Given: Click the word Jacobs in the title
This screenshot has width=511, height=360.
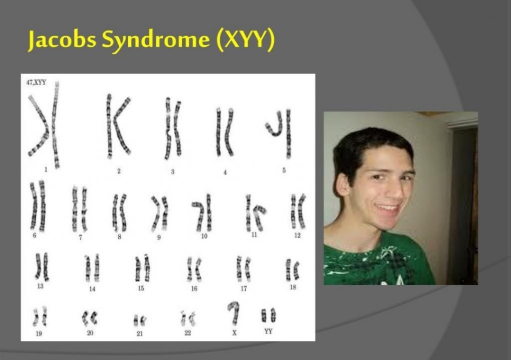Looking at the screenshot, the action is [62, 40].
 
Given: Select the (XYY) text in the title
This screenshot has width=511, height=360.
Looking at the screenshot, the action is [246, 40].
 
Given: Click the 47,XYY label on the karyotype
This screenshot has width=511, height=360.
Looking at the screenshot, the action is [36, 82].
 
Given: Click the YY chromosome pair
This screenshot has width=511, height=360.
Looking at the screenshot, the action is [268, 315].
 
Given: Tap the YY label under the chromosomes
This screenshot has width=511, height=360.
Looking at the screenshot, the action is [268, 332].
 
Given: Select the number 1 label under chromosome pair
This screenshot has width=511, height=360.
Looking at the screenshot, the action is [45, 170].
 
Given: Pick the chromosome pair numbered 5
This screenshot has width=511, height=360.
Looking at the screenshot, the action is [280, 133].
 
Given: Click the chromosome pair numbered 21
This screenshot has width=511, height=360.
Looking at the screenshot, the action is [140, 321].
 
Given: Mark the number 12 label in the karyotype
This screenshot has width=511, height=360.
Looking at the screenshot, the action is [297, 235].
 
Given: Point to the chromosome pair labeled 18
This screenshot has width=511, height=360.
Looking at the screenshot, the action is [292, 270].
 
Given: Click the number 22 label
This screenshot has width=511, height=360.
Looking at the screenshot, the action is [188, 333].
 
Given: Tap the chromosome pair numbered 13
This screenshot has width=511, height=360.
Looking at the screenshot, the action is [42, 267].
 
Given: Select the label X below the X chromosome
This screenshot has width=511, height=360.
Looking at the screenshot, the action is [235, 333].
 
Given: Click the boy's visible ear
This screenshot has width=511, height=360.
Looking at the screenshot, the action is [342, 184].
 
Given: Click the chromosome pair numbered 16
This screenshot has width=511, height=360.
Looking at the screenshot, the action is [194, 269].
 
